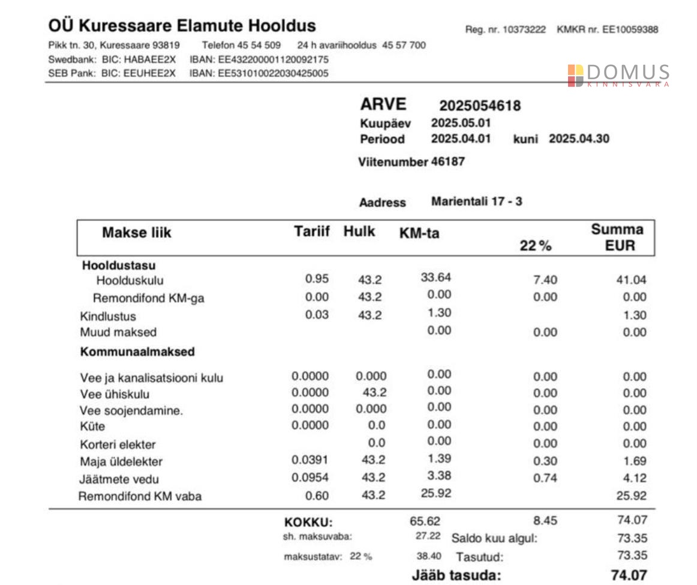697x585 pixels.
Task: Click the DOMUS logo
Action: coord(618,75)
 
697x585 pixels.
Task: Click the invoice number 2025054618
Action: coord(480,106)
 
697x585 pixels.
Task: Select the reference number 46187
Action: coord(447,162)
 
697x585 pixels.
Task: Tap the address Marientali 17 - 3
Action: coord(476,201)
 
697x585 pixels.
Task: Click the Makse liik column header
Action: coord(136,233)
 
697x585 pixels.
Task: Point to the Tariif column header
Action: coord(311,232)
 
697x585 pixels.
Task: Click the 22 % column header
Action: coord(535,246)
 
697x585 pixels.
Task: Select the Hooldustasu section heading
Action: coord(119,265)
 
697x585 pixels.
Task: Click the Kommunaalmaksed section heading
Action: coord(137,352)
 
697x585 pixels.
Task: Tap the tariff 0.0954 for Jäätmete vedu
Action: coord(310,478)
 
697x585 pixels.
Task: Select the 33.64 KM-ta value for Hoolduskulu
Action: coord(436,277)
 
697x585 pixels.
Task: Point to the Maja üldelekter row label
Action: coord(121,462)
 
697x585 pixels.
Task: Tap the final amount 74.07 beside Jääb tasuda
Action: coord(629,575)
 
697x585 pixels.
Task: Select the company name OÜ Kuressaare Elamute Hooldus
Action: coord(182,26)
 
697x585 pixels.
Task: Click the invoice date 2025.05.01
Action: coord(461,123)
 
